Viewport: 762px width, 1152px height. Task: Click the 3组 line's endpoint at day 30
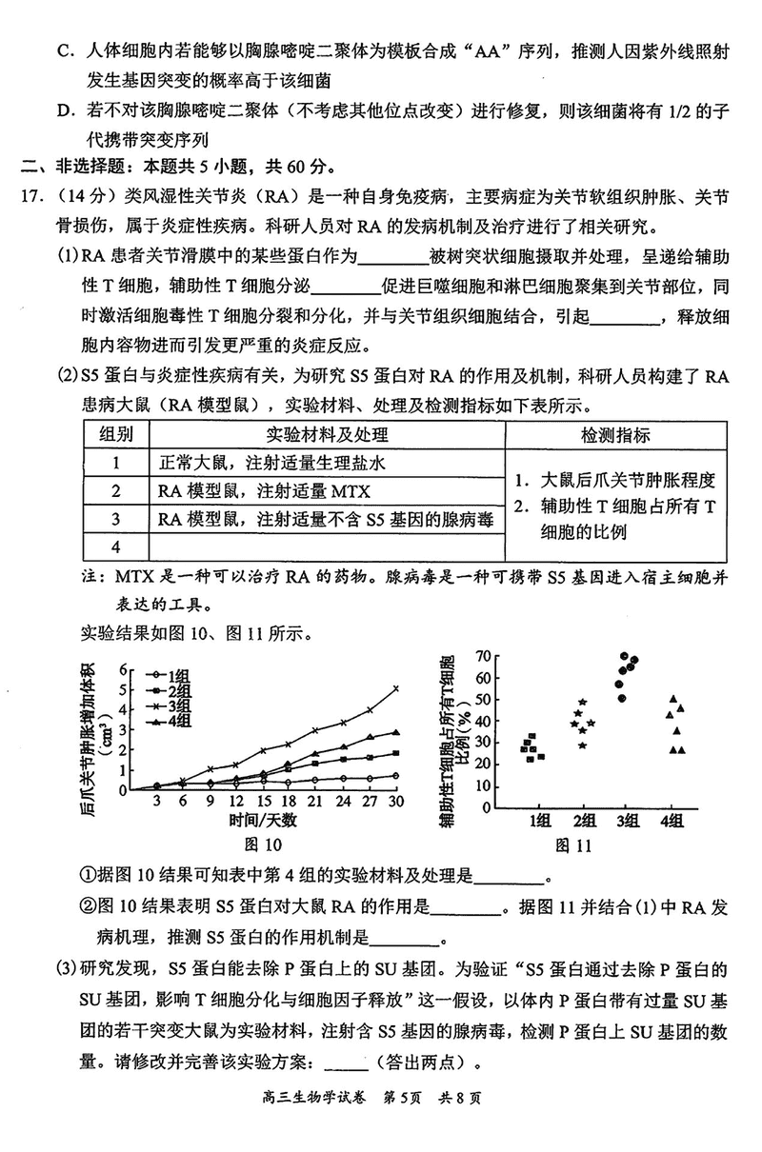tap(395, 687)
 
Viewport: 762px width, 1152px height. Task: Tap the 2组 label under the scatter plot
tap(583, 822)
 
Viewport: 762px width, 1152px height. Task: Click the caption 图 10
tap(263, 844)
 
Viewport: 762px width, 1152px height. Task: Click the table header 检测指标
tap(615, 435)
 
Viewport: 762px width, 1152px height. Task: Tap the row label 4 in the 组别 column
tap(115, 546)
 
